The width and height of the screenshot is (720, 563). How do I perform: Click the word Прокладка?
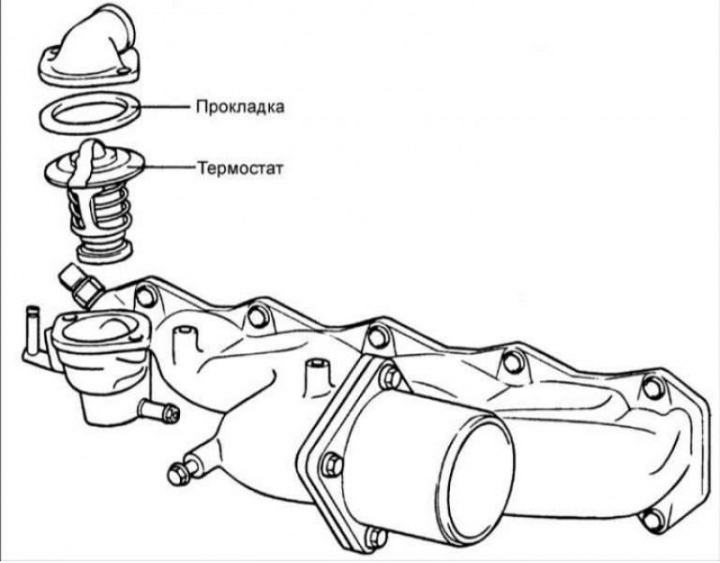240,107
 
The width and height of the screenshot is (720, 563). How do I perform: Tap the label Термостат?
240,168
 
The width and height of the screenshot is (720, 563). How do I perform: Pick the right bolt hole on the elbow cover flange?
123,72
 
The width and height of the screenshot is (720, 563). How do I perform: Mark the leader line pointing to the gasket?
164,107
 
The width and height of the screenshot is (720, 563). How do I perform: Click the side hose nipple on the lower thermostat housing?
158,410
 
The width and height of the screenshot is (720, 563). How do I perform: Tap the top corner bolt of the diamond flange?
391,377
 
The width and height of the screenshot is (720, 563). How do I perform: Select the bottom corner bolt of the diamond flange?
376,538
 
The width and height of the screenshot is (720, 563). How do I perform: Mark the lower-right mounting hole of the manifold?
652,520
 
